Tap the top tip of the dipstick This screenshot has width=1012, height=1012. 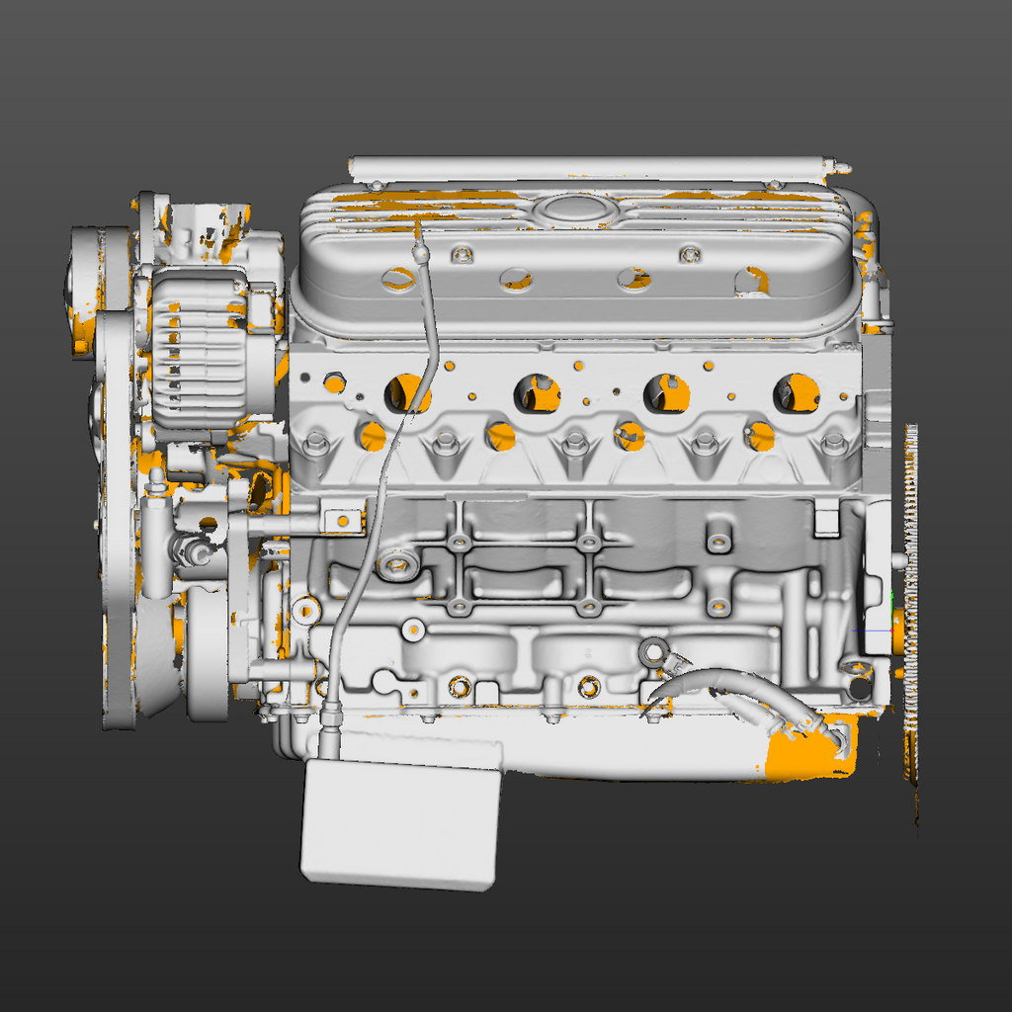[418, 227]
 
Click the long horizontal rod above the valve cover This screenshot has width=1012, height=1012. [593, 167]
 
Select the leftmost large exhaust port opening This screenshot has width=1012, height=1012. [407, 393]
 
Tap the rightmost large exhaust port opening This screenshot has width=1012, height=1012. [797, 392]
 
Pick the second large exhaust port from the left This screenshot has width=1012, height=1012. [538, 393]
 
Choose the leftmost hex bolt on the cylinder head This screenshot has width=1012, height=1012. [316, 442]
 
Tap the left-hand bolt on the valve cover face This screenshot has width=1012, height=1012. [460, 256]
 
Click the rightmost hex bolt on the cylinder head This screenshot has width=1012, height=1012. [834, 444]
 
